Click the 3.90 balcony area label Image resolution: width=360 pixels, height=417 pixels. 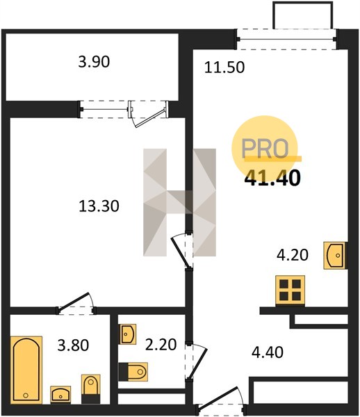coord(94,62)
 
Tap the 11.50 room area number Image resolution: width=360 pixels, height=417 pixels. coord(224,67)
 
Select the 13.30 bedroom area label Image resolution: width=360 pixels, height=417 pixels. coord(99,206)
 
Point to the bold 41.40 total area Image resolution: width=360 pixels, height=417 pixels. coord(272,178)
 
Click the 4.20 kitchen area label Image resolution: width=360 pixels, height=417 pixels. coord(293,255)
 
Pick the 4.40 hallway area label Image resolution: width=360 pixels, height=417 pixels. coord(268,352)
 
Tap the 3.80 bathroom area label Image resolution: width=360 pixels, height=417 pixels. coord(73,345)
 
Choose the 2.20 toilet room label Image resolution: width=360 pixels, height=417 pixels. coord(161,345)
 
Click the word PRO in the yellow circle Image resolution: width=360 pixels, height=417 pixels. coord(265,148)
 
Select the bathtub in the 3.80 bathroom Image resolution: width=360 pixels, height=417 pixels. coord(26,370)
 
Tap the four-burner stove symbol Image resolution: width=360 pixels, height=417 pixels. coord(290,290)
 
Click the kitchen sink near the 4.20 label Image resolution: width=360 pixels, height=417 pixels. coord(335,255)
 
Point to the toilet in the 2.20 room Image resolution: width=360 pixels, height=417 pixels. coord(133,372)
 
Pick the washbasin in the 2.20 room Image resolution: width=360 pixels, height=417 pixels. coord(128,334)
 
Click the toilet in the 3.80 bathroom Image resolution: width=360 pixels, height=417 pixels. coord(90,389)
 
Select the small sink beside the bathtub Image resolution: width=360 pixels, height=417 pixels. coord(60,395)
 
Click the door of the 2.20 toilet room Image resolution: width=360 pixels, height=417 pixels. coord(196,362)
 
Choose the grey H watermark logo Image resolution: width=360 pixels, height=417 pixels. coord(180,202)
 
